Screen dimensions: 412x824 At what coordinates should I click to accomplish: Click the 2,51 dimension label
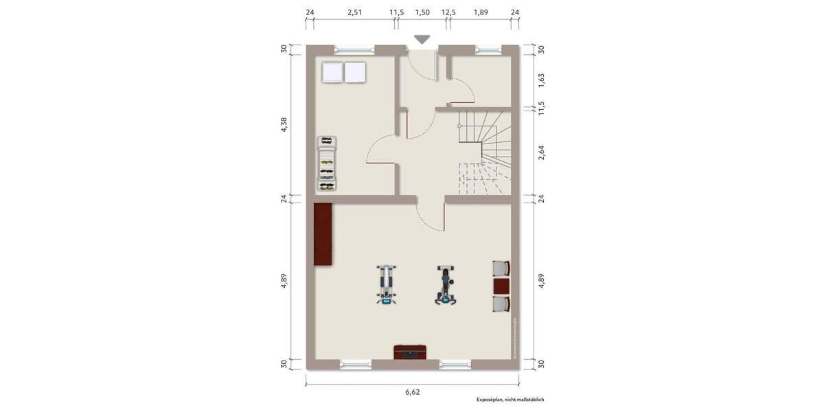[354, 12]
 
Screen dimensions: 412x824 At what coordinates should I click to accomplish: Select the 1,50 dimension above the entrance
[422, 12]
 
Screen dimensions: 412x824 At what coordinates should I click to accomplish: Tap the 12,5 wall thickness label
[448, 12]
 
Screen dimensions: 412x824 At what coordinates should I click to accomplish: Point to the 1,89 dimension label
[481, 12]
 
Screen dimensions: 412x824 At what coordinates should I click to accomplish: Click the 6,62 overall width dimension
[412, 392]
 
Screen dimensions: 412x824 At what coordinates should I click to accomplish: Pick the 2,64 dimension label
[541, 152]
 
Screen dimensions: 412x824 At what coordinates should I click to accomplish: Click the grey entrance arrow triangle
[422, 40]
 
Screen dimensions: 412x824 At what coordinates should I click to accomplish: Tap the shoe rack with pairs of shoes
[328, 163]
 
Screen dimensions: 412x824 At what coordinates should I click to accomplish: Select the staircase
[483, 152]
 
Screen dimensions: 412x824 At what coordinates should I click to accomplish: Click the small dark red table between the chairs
[502, 286]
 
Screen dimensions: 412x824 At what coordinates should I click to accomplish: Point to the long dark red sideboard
[323, 234]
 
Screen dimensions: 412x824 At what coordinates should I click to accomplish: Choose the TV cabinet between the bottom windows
[411, 352]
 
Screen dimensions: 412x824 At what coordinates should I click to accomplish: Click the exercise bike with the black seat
[446, 286]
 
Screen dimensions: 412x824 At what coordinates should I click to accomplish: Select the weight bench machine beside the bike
[387, 285]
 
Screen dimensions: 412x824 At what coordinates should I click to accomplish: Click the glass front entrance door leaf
[437, 66]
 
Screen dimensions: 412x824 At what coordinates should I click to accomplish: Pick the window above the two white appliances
[354, 49]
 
